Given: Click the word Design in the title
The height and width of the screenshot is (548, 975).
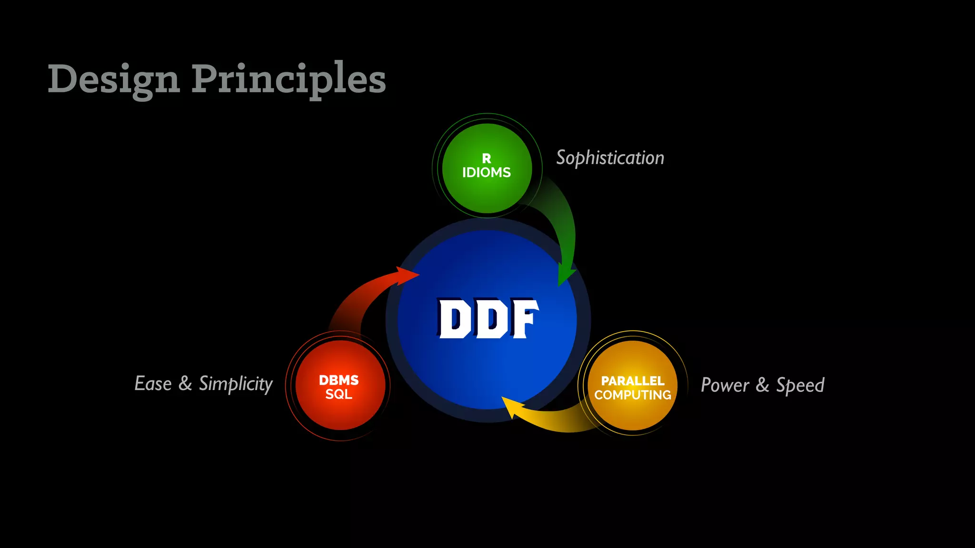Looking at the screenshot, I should [113, 79].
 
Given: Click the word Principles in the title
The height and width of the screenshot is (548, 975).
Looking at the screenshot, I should [289, 79].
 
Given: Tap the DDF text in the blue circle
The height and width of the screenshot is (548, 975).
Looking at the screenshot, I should [487, 319].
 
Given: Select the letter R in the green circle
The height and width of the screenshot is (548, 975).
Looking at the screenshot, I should [486, 158].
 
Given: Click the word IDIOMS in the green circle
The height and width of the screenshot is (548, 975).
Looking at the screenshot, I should [486, 173].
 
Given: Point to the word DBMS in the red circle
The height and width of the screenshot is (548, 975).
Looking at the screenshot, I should [338, 380].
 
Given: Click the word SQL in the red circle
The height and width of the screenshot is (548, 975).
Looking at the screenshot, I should [338, 394].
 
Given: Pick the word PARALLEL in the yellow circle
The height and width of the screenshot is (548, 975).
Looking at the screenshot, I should [633, 381].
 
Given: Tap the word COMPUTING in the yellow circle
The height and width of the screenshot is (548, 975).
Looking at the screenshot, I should [633, 395].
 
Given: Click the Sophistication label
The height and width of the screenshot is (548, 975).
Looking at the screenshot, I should [610, 158].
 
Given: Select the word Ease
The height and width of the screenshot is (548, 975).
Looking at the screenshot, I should [153, 383].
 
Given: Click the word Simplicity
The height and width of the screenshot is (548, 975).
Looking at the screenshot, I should [236, 384].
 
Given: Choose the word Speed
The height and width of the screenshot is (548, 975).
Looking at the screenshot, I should [800, 385].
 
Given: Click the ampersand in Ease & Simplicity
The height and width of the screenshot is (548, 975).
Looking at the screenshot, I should [185, 383].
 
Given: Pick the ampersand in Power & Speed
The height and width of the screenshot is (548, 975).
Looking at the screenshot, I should [762, 385].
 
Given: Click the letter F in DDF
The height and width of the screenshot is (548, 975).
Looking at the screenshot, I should [524, 319].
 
